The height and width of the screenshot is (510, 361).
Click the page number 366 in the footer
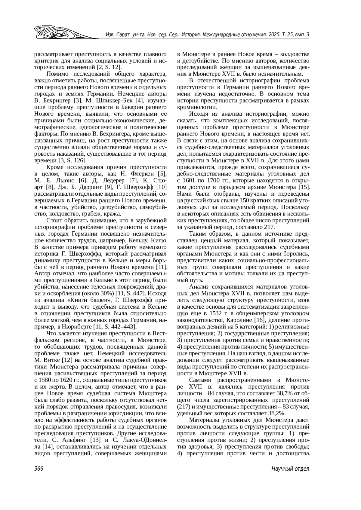[x=39, y=469]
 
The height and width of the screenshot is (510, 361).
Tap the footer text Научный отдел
[x=290, y=469]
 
